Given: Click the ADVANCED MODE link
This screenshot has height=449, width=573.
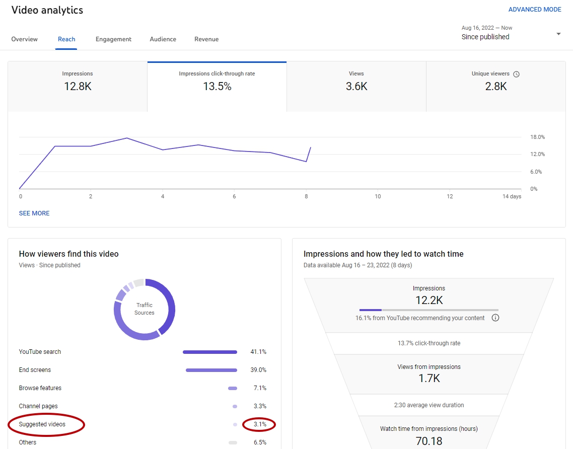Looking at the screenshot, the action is (x=535, y=10).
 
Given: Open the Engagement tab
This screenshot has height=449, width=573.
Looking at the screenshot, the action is (x=113, y=39).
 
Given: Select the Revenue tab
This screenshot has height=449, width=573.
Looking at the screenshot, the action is (x=206, y=39).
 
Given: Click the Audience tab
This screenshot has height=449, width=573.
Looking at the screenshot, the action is (x=163, y=39).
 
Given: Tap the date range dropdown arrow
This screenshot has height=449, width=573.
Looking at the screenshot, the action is (x=558, y=34).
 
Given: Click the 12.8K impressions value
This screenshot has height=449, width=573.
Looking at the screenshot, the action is (x=78, y=86).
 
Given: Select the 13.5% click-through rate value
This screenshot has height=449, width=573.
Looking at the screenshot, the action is (x=217, y=86).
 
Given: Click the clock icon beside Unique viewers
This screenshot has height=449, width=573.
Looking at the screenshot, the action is (x=517, y=74).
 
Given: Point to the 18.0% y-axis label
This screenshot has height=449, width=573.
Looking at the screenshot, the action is (x=538, y=137).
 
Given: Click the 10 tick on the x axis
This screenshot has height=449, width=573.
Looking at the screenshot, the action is (x=378, y=196).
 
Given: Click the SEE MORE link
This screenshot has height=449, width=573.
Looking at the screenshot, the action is (x=34, y=213).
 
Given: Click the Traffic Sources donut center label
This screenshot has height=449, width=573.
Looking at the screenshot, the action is (x=145, y=309).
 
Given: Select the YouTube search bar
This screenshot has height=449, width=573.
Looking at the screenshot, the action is (x=210, y=352).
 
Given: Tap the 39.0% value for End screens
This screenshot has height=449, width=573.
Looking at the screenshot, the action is (x=258, y=370).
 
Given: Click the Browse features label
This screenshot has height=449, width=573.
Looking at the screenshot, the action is (x=40, y=388).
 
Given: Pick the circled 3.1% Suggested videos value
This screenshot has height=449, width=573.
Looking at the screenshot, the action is (x=260, y=424).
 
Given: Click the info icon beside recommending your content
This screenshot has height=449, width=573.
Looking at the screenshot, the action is (x=495, y=318).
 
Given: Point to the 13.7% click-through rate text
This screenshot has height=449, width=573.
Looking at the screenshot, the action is (x=429, y=343).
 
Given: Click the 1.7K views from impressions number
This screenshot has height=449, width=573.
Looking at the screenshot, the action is (x=429, y=378).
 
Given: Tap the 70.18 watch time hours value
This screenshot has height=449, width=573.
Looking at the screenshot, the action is (x=429, y=441).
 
